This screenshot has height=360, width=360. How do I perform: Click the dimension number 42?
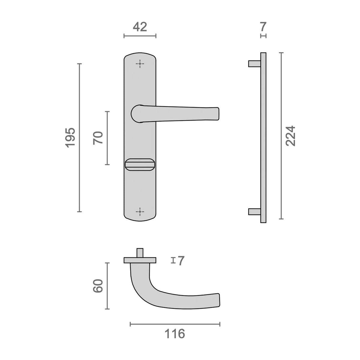click(140, 27)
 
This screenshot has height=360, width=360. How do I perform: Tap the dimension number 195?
click(70, 138)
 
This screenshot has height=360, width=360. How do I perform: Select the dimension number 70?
click(98, 138)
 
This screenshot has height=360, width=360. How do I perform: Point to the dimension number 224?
click(290, 136)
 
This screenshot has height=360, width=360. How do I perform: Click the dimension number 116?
click(175, 334)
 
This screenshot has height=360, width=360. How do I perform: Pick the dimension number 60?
click(98, 286)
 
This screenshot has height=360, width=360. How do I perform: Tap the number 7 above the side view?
click(263, 27)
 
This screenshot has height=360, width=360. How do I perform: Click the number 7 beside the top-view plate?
click(181, 261)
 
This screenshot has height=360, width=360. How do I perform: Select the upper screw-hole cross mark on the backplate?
click(140, 64)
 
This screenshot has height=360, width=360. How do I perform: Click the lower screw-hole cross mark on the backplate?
click(140, 211)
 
